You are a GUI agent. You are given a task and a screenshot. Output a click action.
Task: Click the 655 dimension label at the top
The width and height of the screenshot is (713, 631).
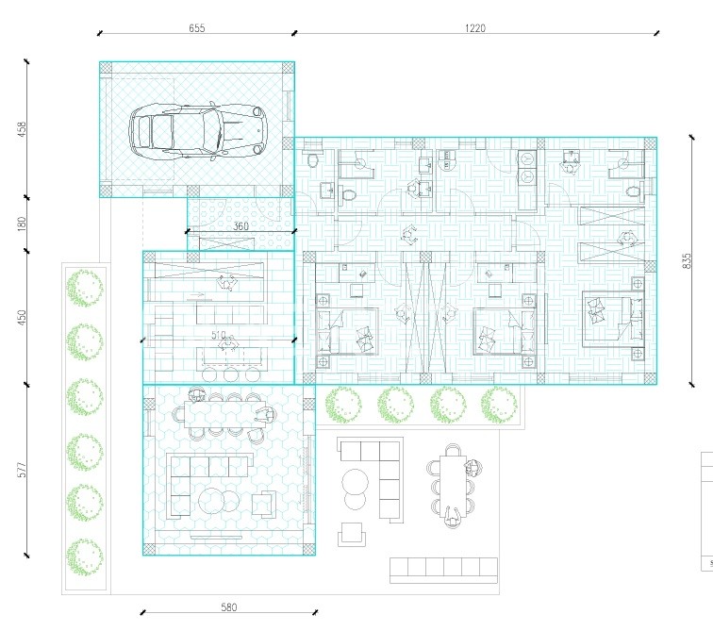tap(197, 28)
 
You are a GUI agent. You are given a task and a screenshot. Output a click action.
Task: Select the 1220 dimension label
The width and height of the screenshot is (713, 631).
tap(475, 28)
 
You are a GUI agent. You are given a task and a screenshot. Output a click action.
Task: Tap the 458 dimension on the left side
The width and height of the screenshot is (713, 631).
tap(22, 129)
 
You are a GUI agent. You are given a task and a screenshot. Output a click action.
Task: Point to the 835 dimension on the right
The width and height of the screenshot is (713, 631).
tap(687, 260)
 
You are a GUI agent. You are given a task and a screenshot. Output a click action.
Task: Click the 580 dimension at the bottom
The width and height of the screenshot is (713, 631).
tap(229, 606)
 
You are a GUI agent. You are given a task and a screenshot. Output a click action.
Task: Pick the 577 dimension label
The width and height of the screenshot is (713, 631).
tap(22, 470)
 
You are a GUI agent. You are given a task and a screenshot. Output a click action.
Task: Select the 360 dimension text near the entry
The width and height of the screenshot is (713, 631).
tap(240, 226)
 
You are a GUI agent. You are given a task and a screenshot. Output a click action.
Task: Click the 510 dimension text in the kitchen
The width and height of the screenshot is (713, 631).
tap(218, 335)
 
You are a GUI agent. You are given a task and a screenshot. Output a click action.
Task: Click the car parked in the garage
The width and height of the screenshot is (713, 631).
tap(197, 130)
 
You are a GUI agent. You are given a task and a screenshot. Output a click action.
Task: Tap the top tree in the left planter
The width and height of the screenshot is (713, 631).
tap(85, 289)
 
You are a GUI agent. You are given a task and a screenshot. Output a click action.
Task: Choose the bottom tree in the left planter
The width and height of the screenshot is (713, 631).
tap(85, 556)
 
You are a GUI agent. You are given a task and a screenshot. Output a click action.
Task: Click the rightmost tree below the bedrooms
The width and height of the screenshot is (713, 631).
tap(499, 405)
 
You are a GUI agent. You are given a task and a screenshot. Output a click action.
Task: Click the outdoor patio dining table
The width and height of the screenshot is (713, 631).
tap(454, 487)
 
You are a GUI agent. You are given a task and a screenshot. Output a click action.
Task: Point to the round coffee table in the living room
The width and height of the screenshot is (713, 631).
tap(219, 502)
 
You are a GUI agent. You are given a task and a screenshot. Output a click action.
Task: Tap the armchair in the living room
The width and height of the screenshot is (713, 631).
tap(264, 505)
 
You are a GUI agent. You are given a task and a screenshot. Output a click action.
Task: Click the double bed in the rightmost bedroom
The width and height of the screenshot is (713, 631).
tap(613, 318)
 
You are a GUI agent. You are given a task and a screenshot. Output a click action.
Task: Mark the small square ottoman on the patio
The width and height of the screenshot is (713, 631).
tap(352, 534)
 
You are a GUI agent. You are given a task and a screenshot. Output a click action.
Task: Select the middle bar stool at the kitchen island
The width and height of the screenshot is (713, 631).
tap(230, 374)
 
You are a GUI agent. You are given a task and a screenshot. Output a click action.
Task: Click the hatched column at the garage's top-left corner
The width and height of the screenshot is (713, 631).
tap(106, 68)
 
